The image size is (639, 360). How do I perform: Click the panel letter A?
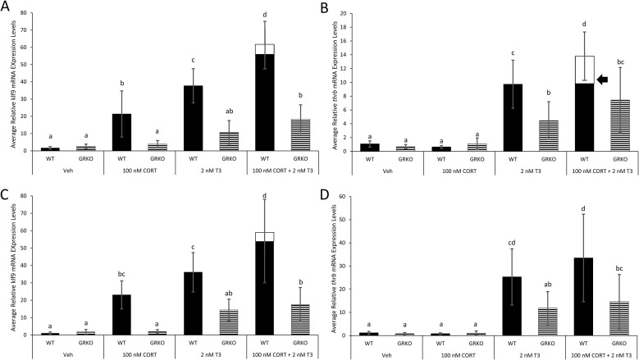(6, 7)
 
